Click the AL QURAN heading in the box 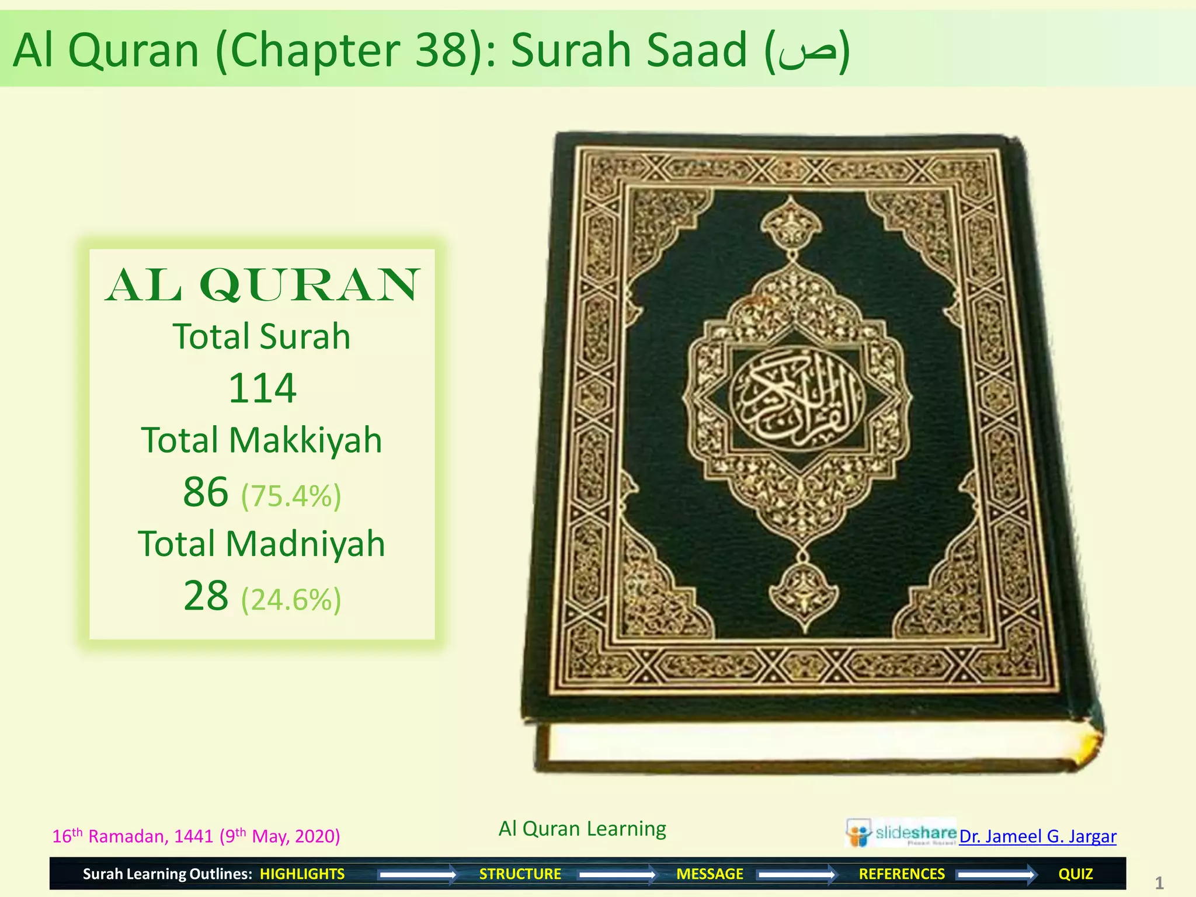(262, 286)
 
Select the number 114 (262, 388)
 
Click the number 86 (206, 492)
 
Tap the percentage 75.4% (291, 496)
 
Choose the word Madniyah (305, 544)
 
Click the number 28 (206, 596)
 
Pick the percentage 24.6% (291, 600)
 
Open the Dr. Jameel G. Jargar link (1037, 836)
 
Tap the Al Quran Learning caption (582, 829)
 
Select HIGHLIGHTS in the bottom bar (302, 874)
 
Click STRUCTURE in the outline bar (520, 874)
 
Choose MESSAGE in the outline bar (710, 874)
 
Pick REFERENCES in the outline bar (901, 874)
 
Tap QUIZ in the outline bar (1075, 874)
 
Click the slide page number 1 (1159, 883)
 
